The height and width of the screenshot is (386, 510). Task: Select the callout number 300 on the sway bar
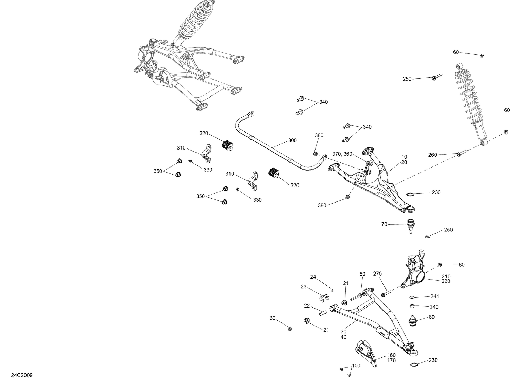[292, 140]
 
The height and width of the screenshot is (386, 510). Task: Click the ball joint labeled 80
[412, 320]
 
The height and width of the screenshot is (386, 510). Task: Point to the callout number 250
[448, 230]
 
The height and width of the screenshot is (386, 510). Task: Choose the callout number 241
[435, 296]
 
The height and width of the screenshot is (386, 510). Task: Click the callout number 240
[434, 307]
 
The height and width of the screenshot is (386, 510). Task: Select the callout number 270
[377, 274]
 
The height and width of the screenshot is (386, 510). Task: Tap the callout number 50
[362, 274]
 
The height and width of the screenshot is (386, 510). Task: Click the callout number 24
[313, 277]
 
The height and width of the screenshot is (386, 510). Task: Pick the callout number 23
[303, 287]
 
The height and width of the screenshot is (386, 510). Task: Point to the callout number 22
[307, 306]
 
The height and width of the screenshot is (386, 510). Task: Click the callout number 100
[356, 366]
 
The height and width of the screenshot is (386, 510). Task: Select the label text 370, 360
[342, 154]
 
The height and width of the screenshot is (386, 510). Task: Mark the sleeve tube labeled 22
[321, 312]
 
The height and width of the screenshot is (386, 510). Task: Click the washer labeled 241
[412, 296]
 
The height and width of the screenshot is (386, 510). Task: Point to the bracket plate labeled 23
[324, 298]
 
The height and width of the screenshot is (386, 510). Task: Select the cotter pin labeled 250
[428, 237]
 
